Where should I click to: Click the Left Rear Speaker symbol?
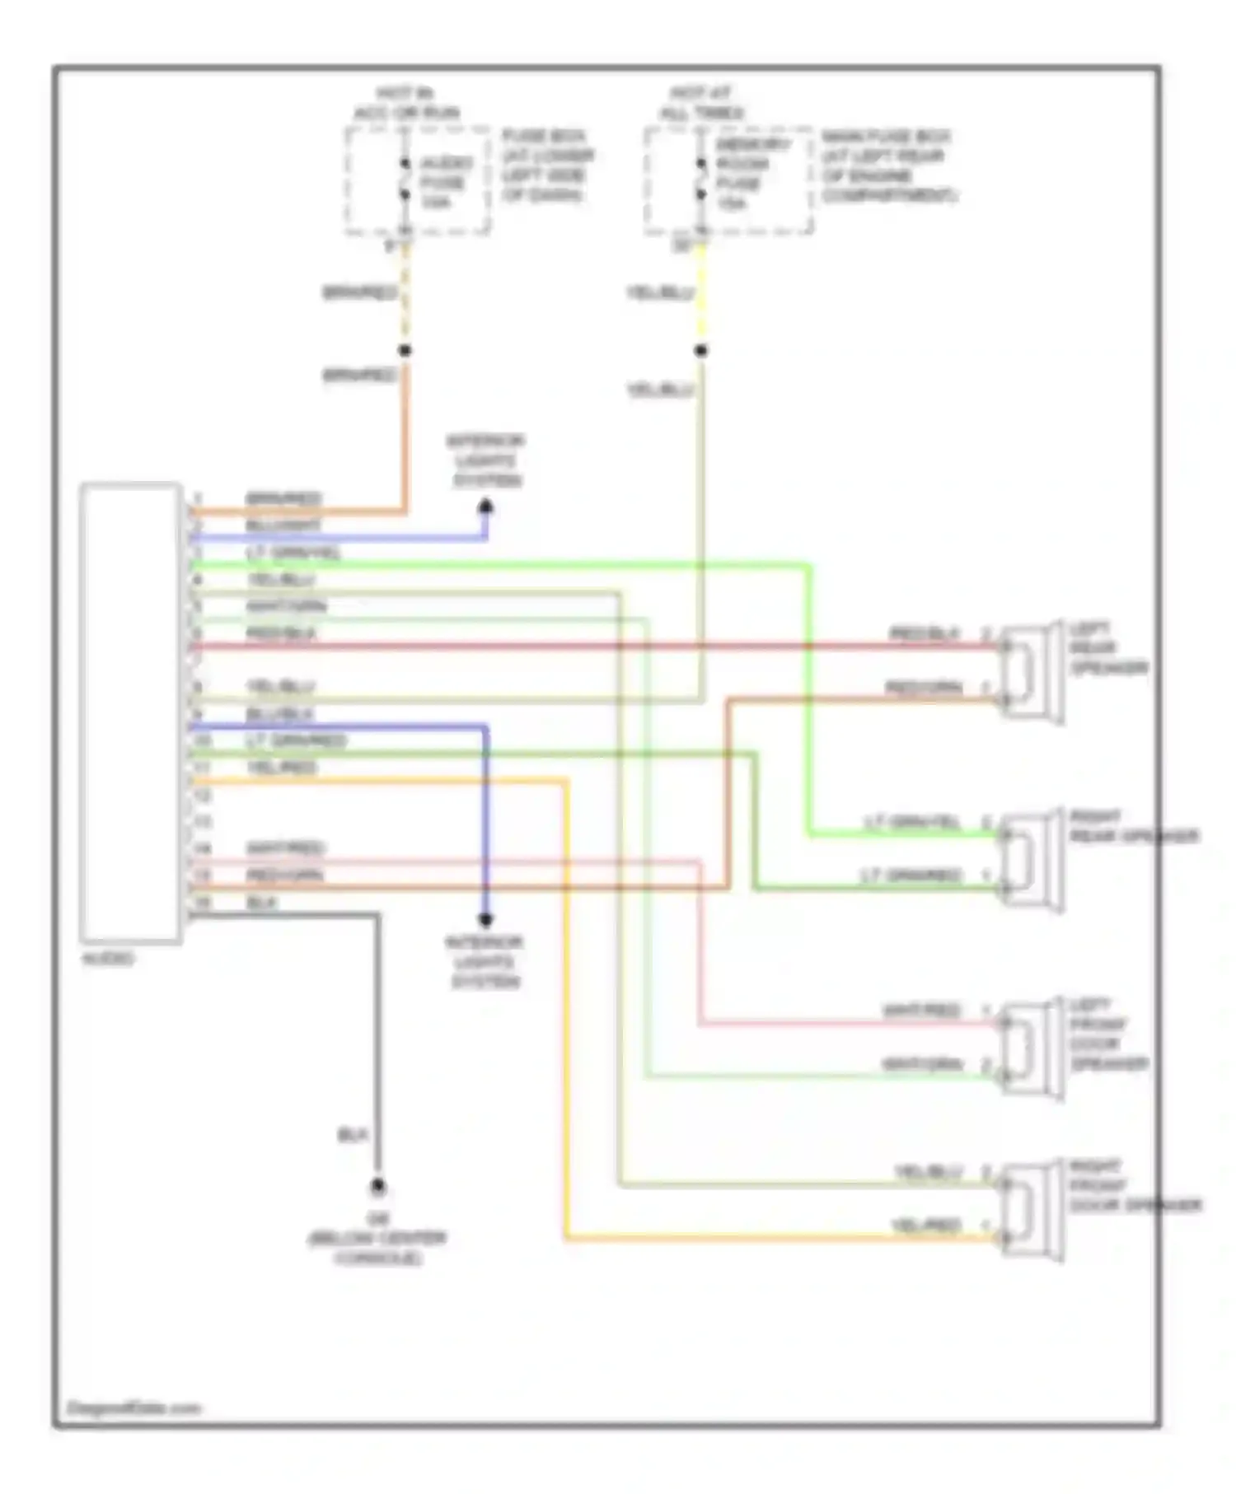click(1032, 672)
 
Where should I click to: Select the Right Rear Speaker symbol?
click(1032, 861)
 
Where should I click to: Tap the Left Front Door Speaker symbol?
click(1032, 1048)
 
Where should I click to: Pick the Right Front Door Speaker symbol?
click(1032, 1210)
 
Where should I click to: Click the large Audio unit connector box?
click(130, 712)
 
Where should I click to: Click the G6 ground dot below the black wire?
click(377, 1187)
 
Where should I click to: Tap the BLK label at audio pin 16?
click(261, 903)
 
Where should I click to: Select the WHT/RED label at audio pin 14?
click(285, 848)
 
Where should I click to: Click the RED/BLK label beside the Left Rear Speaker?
click(924, 634)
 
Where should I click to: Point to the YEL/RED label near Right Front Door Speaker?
click(926, 1226)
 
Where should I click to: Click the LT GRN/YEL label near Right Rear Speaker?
click(911, 823)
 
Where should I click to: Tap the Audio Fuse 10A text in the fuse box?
click(444, 182)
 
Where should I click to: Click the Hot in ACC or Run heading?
click(406, 103)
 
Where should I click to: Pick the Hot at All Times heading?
click(702, 103)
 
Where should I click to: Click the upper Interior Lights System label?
click(485, 460)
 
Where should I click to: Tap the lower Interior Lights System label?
click(485, 961)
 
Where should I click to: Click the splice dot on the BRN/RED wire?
click(405, 350)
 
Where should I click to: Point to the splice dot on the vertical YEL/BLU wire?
click(700, 350)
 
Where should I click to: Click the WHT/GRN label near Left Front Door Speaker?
click(921, 1064)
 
